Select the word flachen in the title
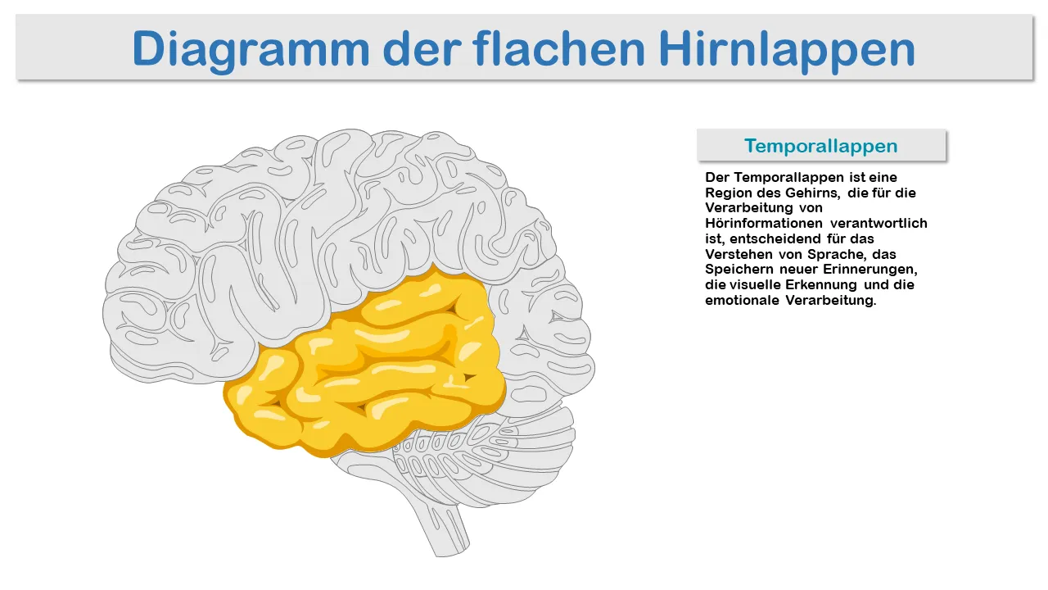pos(558,48)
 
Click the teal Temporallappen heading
pos(821,146)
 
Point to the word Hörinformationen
pos(764,223)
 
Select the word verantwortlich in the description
pos(879,223)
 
